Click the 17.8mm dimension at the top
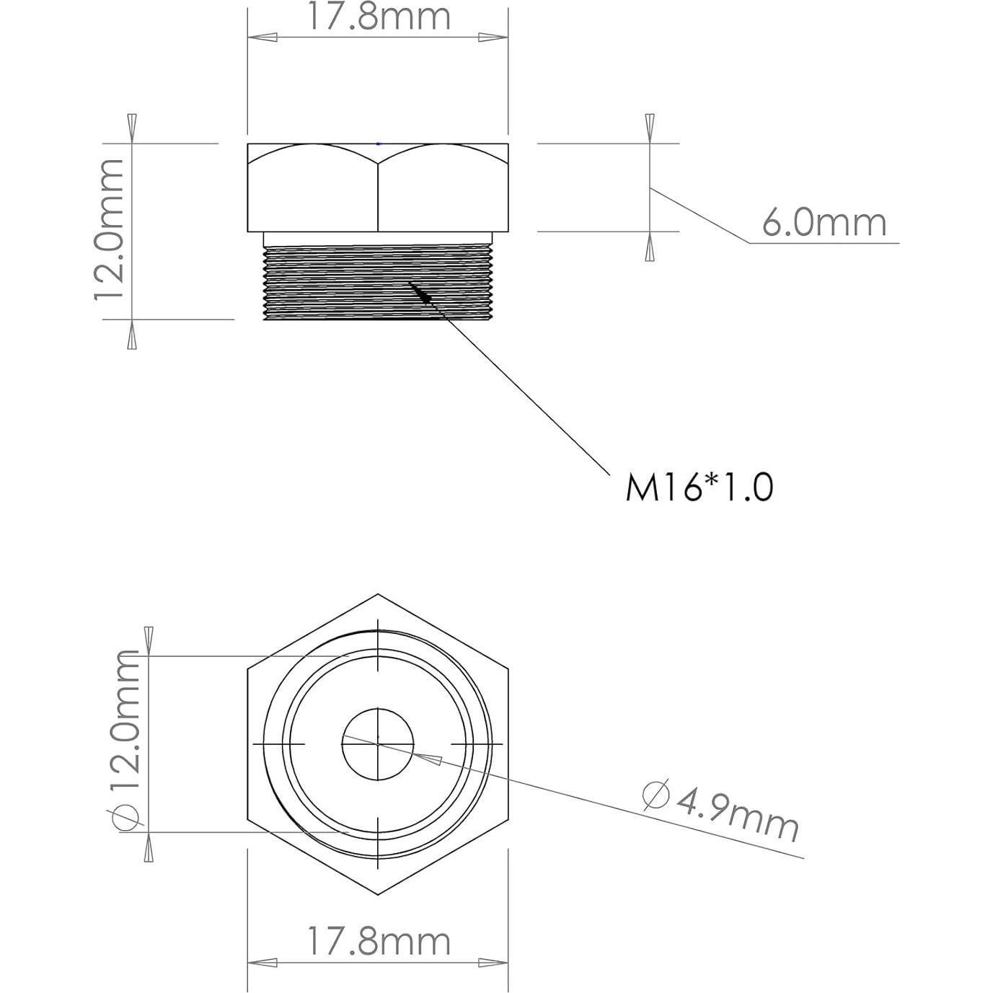[379, 17]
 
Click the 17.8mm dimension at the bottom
[379, 942]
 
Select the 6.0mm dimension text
[824, 223]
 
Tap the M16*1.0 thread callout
[699, 487]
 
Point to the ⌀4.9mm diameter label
[721, 811]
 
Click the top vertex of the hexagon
[378, 595]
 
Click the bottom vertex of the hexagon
[378, 894]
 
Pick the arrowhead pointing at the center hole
[429, 757]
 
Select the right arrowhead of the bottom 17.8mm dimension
[493, 963]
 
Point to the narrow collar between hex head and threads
[378, 239]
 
